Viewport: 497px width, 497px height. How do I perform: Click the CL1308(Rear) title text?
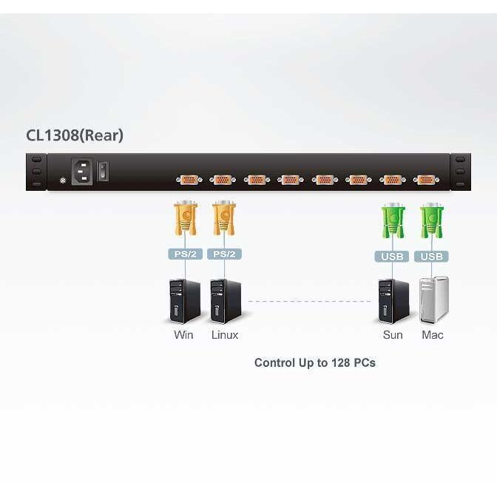(75, 135)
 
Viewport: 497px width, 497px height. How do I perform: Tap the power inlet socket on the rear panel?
(81, 172)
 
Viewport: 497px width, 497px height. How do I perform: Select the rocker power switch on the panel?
(105, 172)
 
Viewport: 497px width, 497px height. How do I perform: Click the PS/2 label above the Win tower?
(185, 254)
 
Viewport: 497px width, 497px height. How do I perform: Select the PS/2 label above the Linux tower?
(224, 254)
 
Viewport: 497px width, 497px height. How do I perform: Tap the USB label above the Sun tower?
(393, 257)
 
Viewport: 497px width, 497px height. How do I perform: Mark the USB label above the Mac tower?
(431, 257)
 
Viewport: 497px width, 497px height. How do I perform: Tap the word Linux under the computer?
(225, 335)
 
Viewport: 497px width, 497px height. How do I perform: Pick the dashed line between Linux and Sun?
(308, 301)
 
